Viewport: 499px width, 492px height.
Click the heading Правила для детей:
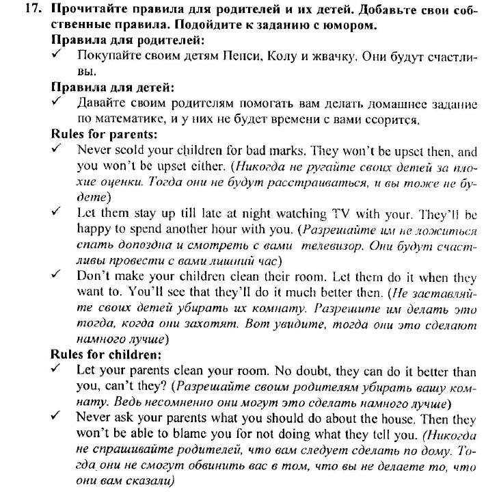point(113,87)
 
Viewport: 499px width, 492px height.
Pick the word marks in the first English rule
point(282,150)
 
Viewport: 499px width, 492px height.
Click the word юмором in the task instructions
point(342,26)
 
